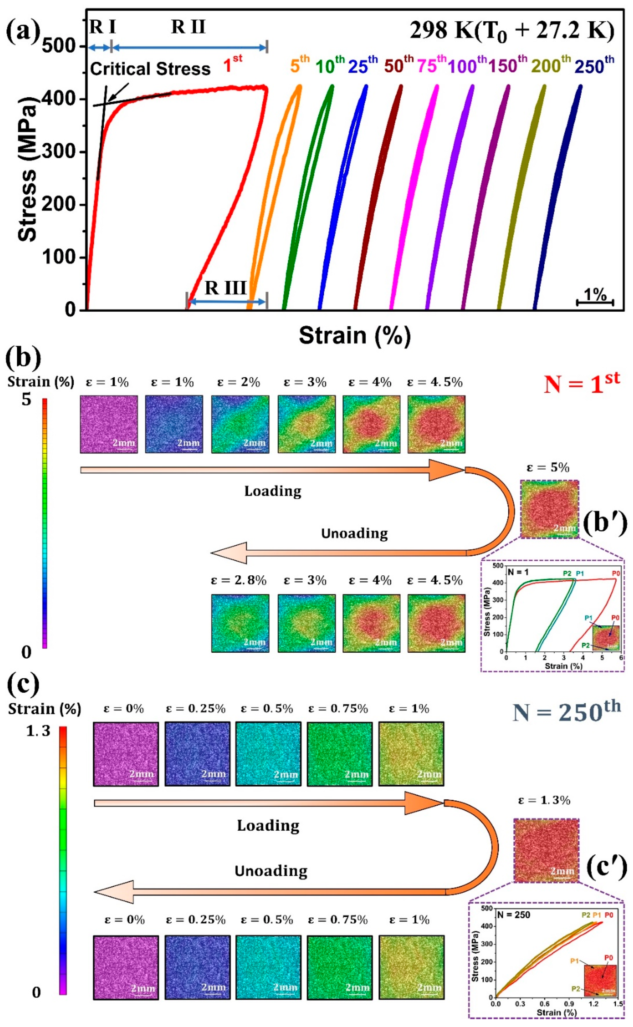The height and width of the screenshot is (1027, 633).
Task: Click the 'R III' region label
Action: click(225, 288)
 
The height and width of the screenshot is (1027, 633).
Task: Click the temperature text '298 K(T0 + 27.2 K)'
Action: click(512, 31)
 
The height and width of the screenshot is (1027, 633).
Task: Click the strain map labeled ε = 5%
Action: click(550, 509)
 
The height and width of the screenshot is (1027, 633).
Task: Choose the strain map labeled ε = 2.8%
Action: click(240, 623)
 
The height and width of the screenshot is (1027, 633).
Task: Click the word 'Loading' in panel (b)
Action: click(273, 491)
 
